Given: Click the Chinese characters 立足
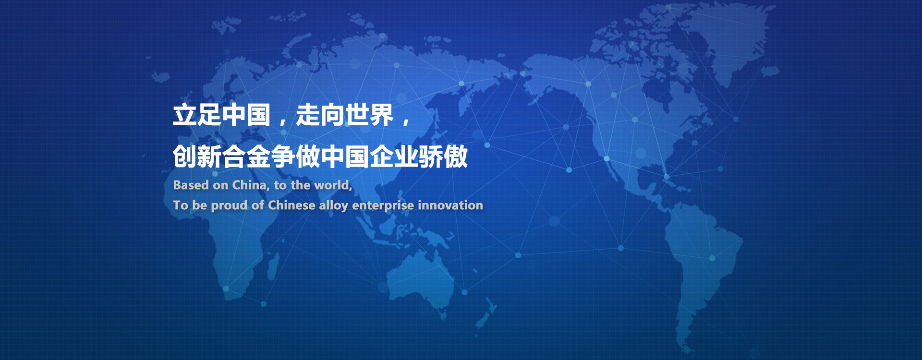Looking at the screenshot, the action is click(197, 115).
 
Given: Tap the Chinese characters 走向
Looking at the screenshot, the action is click(320, 115).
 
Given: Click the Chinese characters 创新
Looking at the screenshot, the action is click(197, 156).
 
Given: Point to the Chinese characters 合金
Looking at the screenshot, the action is click(246, 156).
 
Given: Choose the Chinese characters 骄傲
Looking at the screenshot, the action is click(443, 156).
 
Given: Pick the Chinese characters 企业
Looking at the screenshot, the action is click(394, 156).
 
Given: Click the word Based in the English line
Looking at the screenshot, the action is click(191, 185).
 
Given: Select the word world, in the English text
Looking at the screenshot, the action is click(333, 185).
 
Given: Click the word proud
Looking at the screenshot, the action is click(229, 206).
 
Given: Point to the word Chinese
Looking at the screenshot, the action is click(291, 205).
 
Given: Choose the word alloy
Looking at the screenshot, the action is click(333, 206).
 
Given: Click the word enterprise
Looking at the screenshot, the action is click(383, 206).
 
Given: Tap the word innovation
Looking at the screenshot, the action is click(450, 205).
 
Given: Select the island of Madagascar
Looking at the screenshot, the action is click(273, 266).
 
